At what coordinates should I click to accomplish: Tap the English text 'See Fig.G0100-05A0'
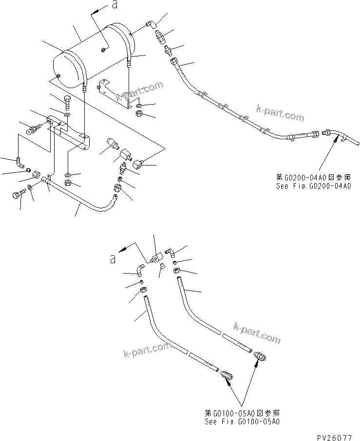pyautogui.click(x=242, y=422)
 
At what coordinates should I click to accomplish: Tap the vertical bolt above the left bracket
pyautogui.click(x=67, y=103)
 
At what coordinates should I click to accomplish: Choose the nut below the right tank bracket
pyautogui.click(x=138, y=114)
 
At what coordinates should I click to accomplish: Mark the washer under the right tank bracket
pyautogui.click(x=138, y=105)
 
